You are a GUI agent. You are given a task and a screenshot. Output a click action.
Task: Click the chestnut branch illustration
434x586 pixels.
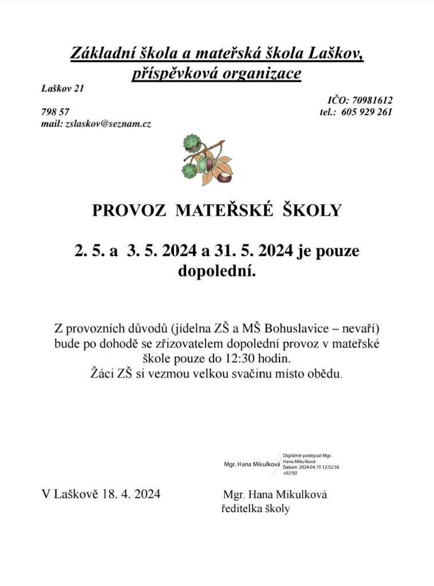tap(208, 160)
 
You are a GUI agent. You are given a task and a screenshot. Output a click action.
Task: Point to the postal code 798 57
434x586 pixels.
tap(56, 112)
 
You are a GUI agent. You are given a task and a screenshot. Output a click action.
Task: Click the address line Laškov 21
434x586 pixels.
tap(62, 88)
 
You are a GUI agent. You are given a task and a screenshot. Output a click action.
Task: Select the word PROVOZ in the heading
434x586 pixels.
tap(129, 211)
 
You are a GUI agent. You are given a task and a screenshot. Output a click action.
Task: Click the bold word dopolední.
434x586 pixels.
tap(216, 271)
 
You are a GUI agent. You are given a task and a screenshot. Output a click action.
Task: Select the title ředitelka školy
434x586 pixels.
tap(255, 508)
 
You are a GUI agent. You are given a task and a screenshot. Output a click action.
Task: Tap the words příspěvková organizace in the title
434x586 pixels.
tap(216, 74)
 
